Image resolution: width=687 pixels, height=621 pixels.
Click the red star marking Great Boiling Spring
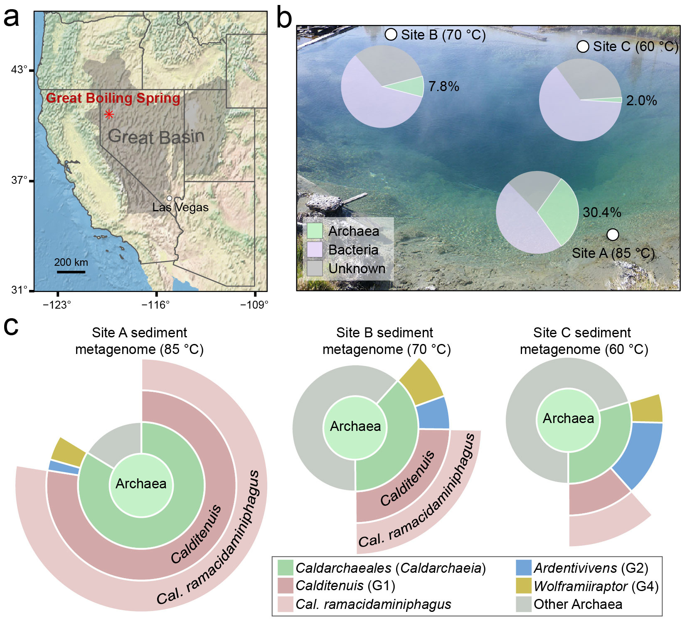pyautogui.click(x=109, y=114)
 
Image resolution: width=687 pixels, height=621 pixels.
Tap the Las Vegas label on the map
pyautogui.click(x=180, y=207)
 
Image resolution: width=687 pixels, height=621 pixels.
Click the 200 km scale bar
pyautogui.click(x=71, y=272)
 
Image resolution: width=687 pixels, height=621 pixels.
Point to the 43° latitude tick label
pyautogui.click(x=19, y=69)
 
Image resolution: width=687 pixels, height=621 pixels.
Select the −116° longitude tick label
pyautogui.click(x=155, y=305)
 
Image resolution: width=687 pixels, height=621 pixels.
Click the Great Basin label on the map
pyautogui.click(x=156, y=136)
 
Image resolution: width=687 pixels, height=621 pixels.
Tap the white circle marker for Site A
pyautogui.click(x=613, y=235)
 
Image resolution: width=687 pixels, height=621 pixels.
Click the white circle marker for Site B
pyautogui.click(x=391, y=35)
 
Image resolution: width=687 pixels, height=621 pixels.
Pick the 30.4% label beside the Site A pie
pyautogui.click(x=602, y=213)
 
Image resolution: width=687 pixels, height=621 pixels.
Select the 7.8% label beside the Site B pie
pyautogui.click(x=443, y=87)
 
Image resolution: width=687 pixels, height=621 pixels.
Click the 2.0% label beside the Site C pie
pyautogui.click(x=641, y=101)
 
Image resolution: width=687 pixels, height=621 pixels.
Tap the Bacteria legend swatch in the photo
pyautogui.click(x=315, y=250)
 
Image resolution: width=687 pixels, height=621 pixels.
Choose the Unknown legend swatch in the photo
pyautogui.click(x=315, y=268)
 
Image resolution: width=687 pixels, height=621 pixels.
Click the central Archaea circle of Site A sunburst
pyautogui.click(x=141, y=484)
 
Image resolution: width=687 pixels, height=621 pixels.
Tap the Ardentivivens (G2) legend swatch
pyautogui.click(x=523, y=568)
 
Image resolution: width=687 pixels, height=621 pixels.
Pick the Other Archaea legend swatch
pyautogui.click(x=523, y=604)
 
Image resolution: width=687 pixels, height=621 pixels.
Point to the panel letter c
pyautogui.click(x=11, y=327)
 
